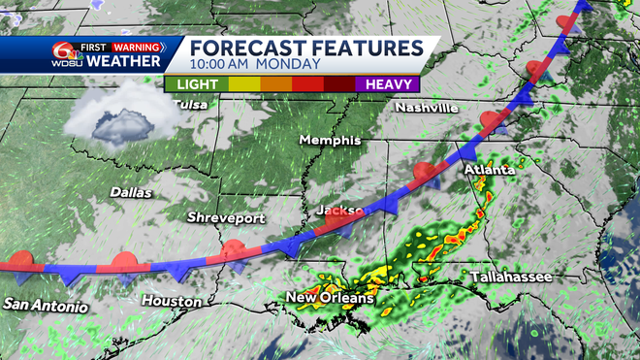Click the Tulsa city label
189,105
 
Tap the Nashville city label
427,108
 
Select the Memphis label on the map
330,141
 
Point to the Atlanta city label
489,170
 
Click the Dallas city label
131,192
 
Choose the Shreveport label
226,218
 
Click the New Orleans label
329,297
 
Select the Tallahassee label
511,278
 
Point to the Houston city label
172,301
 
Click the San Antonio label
45,306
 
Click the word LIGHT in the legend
197,84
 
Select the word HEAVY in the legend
387,84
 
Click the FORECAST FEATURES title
306,49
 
